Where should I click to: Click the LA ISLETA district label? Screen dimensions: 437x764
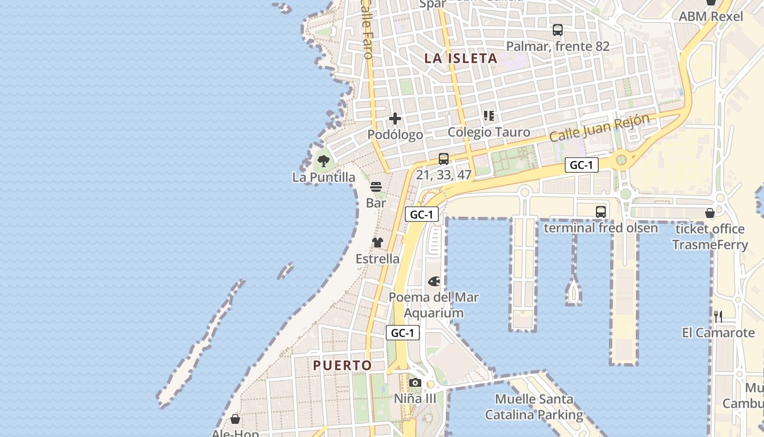coord(461,58)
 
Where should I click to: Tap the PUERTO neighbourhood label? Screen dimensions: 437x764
coord(342,365)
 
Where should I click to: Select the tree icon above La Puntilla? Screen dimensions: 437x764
coord(324,161)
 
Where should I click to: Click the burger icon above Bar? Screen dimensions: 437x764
coord(375,187)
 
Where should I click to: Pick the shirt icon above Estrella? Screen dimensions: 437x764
coord(377,243)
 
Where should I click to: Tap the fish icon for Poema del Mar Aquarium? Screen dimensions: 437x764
coord(434,281)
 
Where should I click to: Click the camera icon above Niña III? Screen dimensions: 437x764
coord(415,382)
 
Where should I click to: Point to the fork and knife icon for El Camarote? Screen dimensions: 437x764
coord(718,316)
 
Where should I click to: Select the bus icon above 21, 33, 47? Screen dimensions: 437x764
coord(444,159)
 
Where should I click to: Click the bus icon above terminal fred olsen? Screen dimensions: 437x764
coord(601,211)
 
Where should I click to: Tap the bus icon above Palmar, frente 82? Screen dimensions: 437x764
coord(557,30)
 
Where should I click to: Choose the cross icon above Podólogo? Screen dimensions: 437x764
coord(395,119)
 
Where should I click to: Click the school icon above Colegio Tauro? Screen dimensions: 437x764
coord(488,116)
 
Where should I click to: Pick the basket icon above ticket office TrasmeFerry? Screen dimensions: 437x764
coord(709,212)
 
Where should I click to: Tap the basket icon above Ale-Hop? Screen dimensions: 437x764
coord(235,419)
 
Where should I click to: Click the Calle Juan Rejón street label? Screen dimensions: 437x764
coord(600,128)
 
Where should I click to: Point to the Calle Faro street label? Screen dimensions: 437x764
coord(367,30)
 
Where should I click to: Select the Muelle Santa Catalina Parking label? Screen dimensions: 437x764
coord(534,407)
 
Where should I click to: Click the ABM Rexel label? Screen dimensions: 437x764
coord(711,16)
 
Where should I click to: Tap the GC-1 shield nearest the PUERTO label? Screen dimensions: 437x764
coord(403,333)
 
